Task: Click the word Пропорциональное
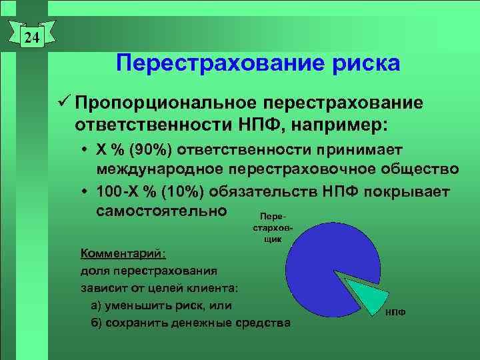(166, 104)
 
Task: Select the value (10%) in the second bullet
(181, 192)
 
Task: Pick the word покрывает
(409, 192)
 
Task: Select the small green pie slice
(367, 293)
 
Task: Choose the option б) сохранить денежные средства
(190, 323)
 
